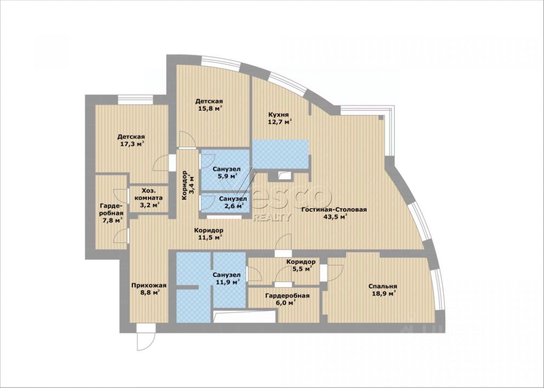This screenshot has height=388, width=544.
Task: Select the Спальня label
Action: (383, 287)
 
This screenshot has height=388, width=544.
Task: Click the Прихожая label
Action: (149, 285)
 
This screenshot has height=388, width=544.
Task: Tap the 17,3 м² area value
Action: (132, 144)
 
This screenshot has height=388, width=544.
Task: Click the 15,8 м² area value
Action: (210, 108)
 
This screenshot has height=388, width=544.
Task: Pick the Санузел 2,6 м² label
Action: (232, 202)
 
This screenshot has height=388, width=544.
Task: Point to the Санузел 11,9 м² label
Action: (227, 278)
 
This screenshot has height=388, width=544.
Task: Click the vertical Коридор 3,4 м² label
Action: (188, 185)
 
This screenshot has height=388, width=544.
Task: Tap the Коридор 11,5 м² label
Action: (209, 234)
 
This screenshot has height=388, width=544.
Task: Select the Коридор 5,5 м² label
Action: (301, 265)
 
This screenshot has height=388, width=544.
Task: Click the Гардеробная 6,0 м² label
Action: (287, 299)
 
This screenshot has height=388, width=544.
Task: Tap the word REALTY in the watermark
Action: (272, 217)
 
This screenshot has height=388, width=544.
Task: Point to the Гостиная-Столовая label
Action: (334, 210)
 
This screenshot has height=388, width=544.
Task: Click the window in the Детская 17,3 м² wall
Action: (136, 100)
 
